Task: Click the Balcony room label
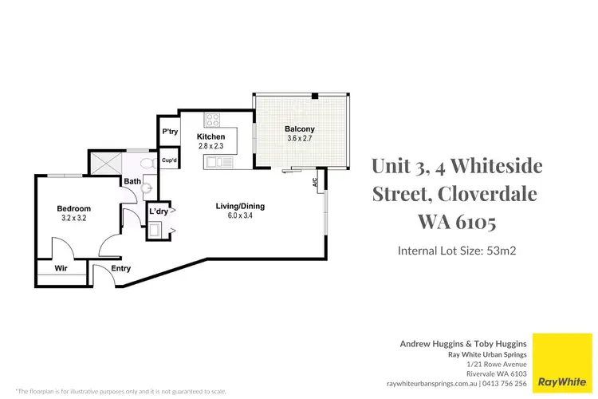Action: coord(301,128)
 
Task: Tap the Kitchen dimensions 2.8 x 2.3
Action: coord(211,147)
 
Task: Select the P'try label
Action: coord(170,132)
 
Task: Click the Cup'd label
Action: coord(169,160)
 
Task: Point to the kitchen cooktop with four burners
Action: coord(213,120)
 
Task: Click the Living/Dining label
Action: coord(240,206)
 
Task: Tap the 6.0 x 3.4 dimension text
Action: coord(240,216)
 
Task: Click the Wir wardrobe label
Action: coord(61,269)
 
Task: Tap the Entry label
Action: coord(121,269)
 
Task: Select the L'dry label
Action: coord(159,212)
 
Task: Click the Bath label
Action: coord(132,182)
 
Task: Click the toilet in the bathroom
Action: coord(146,164)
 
